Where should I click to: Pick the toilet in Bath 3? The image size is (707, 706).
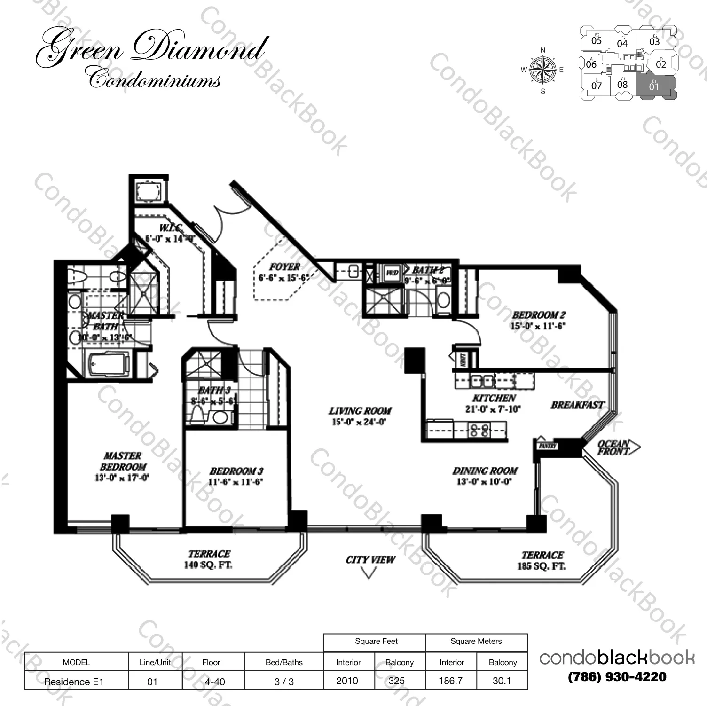[198, 415]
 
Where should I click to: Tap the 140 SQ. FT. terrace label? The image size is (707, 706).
[208, 559]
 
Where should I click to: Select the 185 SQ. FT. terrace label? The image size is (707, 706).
[542, 560]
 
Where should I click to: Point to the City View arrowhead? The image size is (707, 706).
[369, 573]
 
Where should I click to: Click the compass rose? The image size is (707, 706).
[543, 70]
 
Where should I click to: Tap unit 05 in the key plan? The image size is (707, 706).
[596, 40]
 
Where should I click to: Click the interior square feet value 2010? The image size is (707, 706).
[347, 681]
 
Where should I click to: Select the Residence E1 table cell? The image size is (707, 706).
[74, 682]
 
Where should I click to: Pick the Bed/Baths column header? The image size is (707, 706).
[284, 662]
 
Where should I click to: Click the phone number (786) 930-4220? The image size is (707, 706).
[617, 677]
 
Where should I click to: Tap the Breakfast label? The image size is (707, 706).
[577, 405]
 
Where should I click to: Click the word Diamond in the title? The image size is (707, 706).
[200, 49]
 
